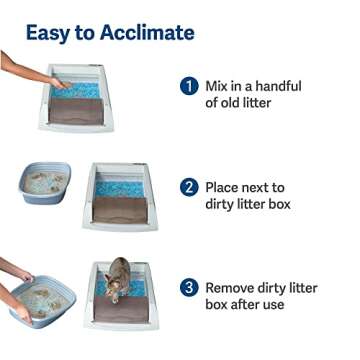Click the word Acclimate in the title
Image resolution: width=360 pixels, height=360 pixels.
(146, 32)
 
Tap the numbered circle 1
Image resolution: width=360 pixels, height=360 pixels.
(188, 87)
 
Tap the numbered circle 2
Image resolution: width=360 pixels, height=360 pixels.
(188, 187)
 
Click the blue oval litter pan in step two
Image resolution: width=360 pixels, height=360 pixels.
(45, 183)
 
